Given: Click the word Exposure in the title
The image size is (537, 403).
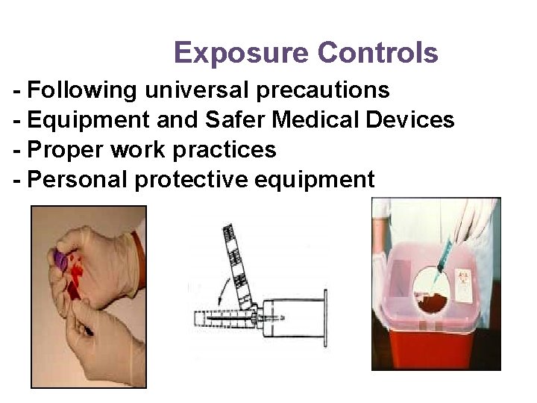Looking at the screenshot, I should pyautogui.click(x=241, y=53).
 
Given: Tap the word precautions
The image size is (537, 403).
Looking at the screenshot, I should pyautogui.click(x=322, y=90).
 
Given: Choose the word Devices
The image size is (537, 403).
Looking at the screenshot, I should pyautogui.click(x=412, y=119).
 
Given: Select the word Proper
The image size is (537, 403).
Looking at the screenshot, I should pyautogui.click(x=65, y=149).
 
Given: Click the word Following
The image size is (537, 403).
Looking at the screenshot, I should pyautogui.click(x=81, y=90).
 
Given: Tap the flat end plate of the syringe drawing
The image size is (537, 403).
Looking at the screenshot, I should pyautogui.click(x=324, y=317).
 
